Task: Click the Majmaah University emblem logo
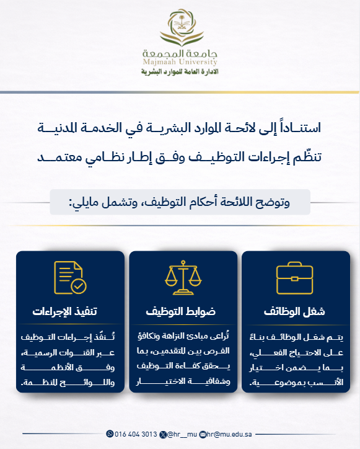tap(180, 28)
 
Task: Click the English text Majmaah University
tap(180, 63)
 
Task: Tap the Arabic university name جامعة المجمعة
tap(180, 53)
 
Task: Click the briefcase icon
tap(292, 277)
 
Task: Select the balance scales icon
tap(181, 277)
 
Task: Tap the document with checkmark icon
tap(69, 277)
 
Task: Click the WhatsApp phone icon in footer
tap(110, 433)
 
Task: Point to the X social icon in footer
tap(163, 433)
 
